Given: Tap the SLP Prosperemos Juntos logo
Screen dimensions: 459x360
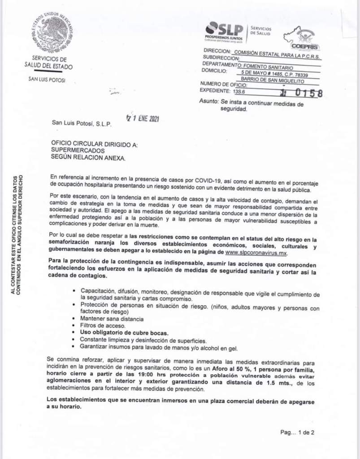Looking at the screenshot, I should [x=224, y=31].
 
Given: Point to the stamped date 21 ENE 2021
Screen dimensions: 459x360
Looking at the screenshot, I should [x=143, y=119].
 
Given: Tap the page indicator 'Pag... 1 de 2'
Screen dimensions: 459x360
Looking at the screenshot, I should [x=297, y=433].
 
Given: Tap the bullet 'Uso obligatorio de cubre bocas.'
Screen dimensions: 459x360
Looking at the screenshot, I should [x=124, y=332].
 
